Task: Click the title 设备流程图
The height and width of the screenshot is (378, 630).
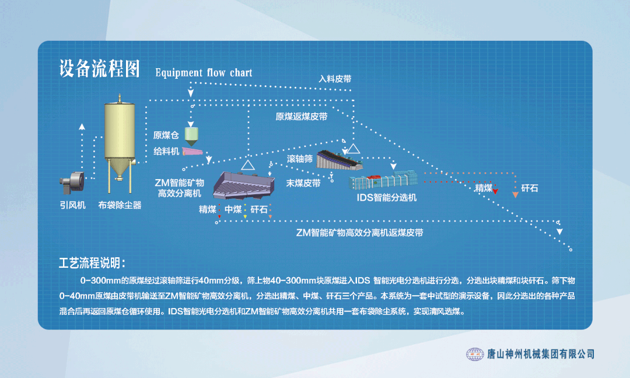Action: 99,68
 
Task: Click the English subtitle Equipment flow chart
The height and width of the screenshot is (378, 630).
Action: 204,73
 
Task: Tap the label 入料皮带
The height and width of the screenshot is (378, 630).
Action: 335,79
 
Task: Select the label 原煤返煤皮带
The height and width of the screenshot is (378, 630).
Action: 302,117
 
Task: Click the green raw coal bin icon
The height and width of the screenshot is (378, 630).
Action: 191,136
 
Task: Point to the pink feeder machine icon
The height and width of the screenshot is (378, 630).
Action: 192,151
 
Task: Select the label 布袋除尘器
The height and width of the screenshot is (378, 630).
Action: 120,205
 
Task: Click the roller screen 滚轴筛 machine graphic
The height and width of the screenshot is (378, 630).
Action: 339,160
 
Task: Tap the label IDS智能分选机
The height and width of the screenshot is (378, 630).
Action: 387,198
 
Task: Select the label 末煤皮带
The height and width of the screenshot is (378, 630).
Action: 303,183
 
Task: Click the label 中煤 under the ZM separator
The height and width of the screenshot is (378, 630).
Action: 233,209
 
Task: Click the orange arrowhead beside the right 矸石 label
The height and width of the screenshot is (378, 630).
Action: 515,195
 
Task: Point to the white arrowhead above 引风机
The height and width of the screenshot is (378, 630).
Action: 82,127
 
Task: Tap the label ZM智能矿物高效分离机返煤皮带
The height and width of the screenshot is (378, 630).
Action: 359,233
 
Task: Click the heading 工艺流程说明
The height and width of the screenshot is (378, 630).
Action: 92,263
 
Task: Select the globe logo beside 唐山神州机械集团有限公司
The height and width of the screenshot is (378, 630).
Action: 474,354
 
